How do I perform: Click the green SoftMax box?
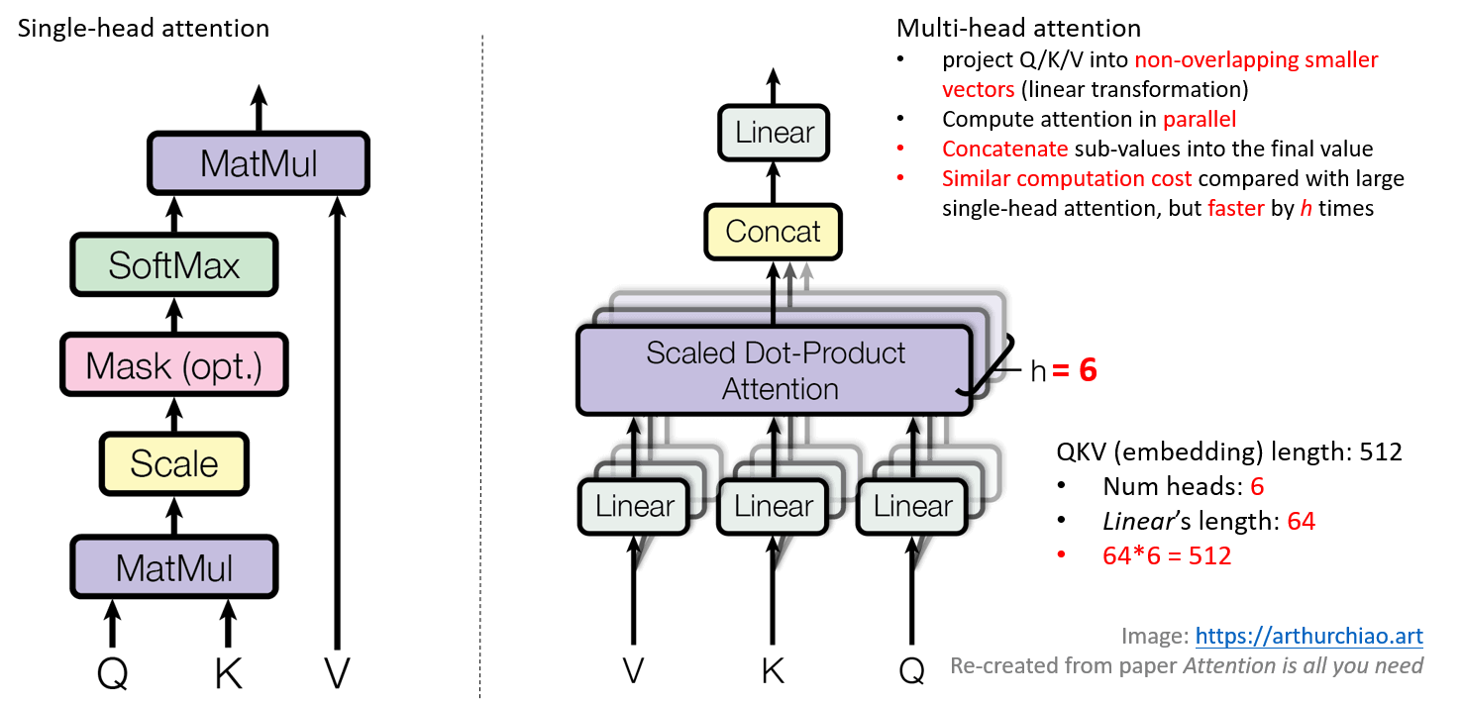point(174,265)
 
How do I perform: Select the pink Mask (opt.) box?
point(174,365)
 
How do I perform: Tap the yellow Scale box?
point(174,464)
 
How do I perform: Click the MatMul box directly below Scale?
point(174,567)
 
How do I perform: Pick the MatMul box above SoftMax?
point(259,163)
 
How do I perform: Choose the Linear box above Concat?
point(774,133)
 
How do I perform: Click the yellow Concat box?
point(774,232)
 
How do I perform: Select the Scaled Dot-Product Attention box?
point(775,371)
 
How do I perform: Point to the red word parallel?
point(1199,120)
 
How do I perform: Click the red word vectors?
point(978,90)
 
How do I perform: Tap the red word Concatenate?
point(1004,150)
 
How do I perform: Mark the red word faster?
point(1235,209)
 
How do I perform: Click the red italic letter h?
point(1306,209)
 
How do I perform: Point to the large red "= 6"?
point(1075,370)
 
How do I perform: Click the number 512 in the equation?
point(1209,556)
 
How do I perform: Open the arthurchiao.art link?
point(1309,636)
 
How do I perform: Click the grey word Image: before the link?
point(1154,636)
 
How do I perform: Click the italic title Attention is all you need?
point(1304,665)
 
